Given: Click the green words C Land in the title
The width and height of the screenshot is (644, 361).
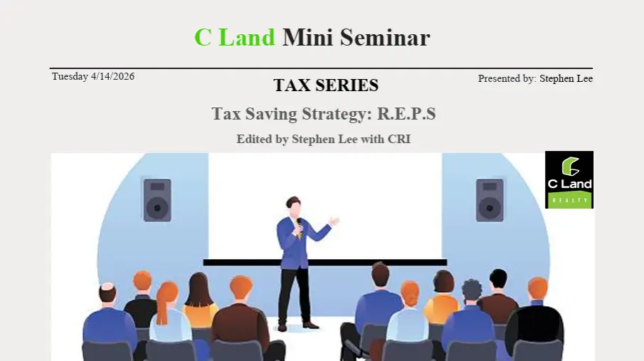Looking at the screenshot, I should [234, 37].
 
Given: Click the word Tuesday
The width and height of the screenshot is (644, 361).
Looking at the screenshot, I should [70, 76].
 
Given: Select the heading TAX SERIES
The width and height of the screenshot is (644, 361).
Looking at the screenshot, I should [326, 85].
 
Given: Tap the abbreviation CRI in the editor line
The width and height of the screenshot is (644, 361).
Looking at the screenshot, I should [399, 139].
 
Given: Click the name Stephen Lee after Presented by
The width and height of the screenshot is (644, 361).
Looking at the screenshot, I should [566, 78].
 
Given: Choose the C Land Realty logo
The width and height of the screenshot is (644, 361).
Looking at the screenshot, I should [569, 179].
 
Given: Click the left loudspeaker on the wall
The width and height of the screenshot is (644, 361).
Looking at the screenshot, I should [157, 199].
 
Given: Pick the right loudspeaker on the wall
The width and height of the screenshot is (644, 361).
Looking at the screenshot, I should [490, 199].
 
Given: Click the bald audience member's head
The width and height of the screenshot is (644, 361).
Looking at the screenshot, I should [107, 293].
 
